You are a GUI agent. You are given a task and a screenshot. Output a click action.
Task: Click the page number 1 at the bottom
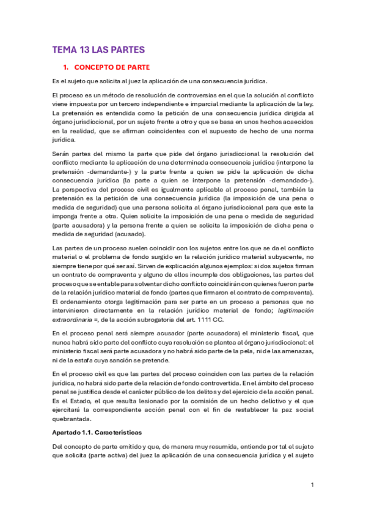(312, 485)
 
